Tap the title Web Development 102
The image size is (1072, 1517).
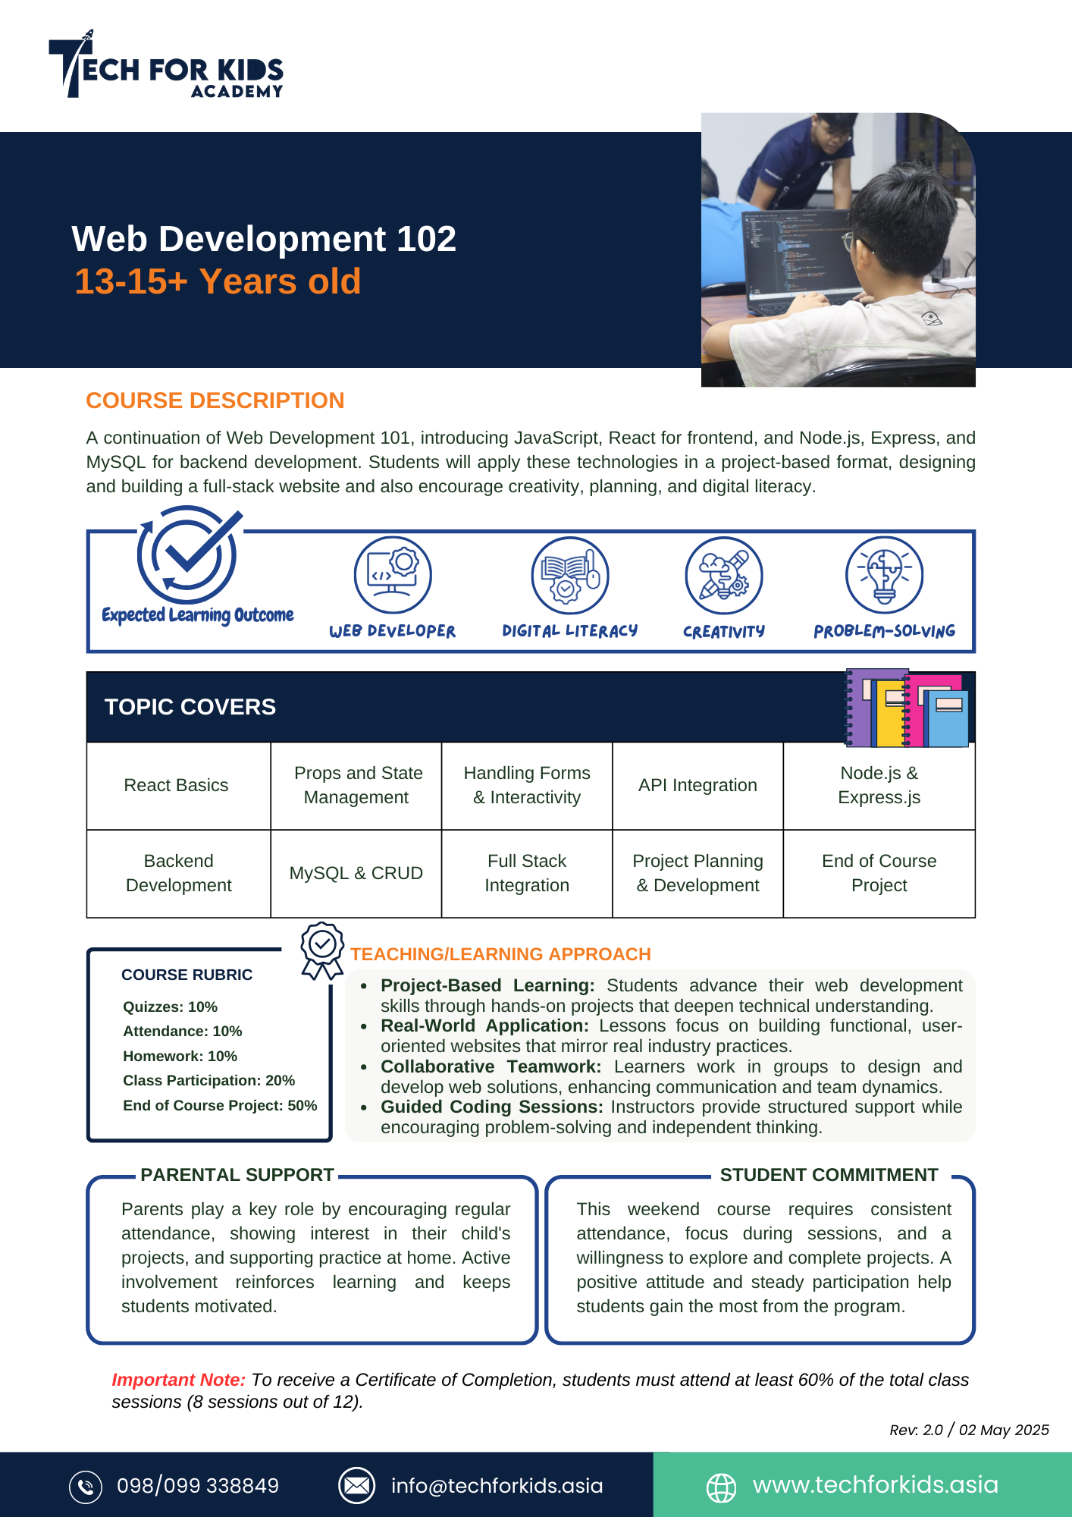tap(264, 239)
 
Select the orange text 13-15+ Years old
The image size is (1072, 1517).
tap(218, 281)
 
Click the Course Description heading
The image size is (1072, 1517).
tap(215, 400)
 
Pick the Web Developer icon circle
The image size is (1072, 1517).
tap(393, 575)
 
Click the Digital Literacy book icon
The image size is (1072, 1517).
tap(570, 575)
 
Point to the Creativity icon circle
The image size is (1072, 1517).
tap(724, 575)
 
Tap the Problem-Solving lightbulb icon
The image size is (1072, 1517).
tap(884, 575)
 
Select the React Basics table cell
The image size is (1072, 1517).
tap(177, 785)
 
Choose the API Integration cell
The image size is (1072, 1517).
tap(697, 785)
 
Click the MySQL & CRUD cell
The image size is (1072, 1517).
tap(356, 873)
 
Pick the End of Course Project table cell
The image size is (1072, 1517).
tap(879, 873)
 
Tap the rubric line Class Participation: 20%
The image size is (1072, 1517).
tap(209, 1080)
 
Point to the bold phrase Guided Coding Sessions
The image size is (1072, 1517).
tap(491, 1107)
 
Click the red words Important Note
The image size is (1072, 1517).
tap(179, 1380)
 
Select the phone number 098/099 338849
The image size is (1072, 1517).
tap(198, 1485)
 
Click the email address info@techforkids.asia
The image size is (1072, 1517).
tap(497, 1485)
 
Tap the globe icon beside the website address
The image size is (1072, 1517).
tap(721, 1487)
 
